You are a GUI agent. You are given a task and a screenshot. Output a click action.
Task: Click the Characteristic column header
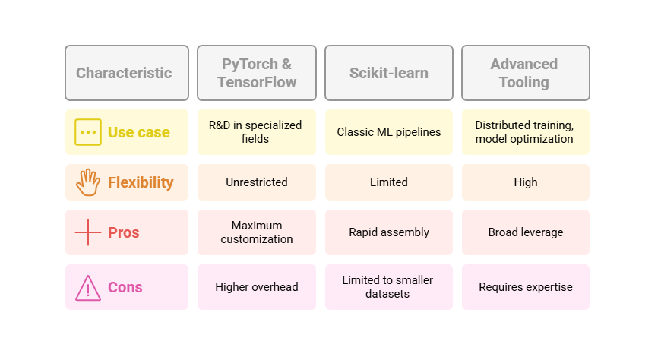click(127, 73)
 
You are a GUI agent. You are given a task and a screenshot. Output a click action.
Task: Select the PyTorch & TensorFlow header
click(257, 73)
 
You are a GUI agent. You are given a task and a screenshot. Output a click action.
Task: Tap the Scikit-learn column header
click(389, 73)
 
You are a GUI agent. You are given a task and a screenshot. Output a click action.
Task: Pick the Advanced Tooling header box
click(526, 73)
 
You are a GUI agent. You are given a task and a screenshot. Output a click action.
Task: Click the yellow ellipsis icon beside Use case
click(88, 132)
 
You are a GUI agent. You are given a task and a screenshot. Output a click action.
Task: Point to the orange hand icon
click(88, 182)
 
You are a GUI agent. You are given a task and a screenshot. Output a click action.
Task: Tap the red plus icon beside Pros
click(88, 232)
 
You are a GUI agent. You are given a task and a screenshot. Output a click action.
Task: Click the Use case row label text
click(139, 132)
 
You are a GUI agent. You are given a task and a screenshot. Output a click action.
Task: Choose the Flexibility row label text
click(141, 182)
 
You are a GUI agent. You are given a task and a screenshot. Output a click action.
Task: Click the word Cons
click(125, 287)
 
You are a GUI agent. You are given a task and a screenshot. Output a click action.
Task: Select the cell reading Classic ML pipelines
click(389, 132)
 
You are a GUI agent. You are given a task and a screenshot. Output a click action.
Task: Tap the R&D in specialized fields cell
click(257, 132)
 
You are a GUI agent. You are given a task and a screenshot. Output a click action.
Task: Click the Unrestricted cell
click(257, 182)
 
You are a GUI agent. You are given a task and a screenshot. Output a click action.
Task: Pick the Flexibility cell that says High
click(526, 182)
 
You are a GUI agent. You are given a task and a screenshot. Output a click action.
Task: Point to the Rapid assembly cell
click(389, 232)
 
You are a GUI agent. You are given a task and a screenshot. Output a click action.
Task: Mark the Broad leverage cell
click(526, 232)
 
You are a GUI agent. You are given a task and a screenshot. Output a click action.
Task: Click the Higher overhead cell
click(257, 287)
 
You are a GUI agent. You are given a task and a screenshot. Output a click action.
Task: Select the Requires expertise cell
click(526, 287)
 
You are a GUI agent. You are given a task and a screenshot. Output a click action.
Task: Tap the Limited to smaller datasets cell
click(389, 287)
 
